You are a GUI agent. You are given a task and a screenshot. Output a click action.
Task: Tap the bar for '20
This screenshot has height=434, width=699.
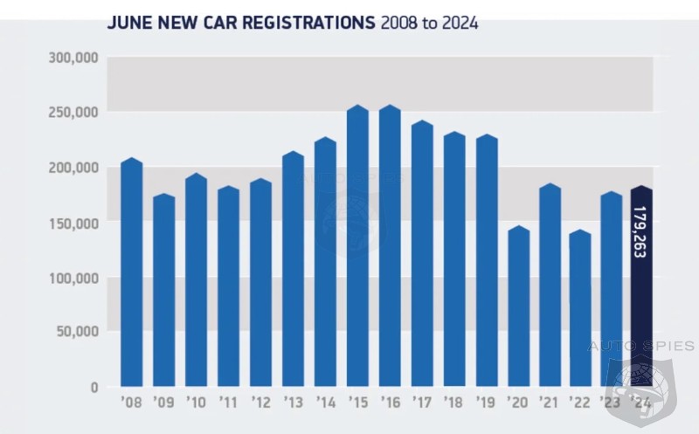pyautogui.click(x=519, y=307)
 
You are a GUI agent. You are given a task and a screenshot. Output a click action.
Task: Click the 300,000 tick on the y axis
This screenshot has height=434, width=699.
pyautogui.click(x=74, y=58)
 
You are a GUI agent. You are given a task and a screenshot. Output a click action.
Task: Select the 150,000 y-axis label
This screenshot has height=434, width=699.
pyautogui.click(x=74, y=223)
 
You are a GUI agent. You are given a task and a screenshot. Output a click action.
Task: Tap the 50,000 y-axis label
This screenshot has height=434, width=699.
pyautogui.click(x=78, y=331)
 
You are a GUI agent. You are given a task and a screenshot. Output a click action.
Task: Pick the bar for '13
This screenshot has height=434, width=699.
pyautogui.click(x=293, y=270)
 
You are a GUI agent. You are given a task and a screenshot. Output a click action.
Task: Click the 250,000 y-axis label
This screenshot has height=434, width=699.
pyautogui.click(x=74, y=113)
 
